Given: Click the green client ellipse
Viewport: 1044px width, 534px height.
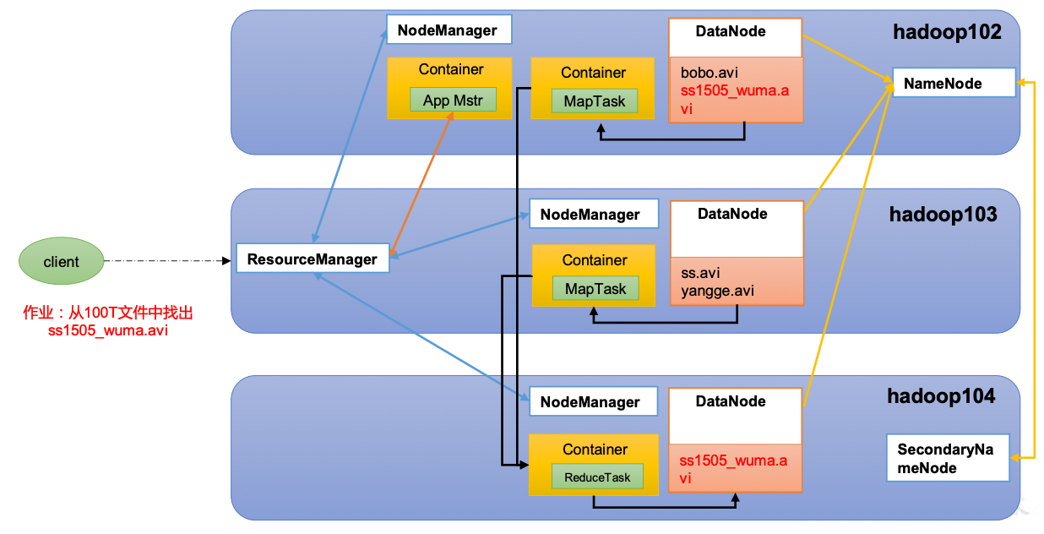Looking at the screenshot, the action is pos(61,261).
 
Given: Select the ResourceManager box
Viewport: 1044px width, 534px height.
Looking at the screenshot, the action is pos(313,258).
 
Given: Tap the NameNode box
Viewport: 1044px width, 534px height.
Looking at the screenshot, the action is pos(954,83).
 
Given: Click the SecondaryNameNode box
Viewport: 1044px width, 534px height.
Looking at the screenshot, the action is pos(948,457).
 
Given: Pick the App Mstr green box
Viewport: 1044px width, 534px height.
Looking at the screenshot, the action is pos(453,100).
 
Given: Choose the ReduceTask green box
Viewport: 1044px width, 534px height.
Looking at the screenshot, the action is pos(597,477).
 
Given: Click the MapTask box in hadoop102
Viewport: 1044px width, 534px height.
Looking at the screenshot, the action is pos(595,101).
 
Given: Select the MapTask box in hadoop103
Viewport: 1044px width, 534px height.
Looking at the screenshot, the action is pos(595,288).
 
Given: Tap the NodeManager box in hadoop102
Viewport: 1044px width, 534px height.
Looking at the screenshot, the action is pos(449,30).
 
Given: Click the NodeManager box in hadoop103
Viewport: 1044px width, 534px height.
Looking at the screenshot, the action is pos(594,214).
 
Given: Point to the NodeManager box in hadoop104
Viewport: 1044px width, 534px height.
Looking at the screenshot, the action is pos(593,401).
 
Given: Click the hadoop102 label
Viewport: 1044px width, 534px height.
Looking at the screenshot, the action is pos(947,32).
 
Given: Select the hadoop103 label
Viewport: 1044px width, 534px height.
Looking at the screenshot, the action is pos(943,214).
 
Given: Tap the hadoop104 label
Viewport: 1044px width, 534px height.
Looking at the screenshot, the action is pos(941,396).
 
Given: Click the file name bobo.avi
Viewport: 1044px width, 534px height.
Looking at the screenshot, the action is pos(709,73).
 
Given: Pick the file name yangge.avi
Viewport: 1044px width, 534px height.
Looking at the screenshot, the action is pos(717,291).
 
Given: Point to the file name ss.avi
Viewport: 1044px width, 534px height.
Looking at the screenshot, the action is pos(700,273).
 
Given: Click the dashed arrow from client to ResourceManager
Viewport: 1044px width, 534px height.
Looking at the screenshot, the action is pos(167,261).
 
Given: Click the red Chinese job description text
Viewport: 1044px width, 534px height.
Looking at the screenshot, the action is pos(107,321).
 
